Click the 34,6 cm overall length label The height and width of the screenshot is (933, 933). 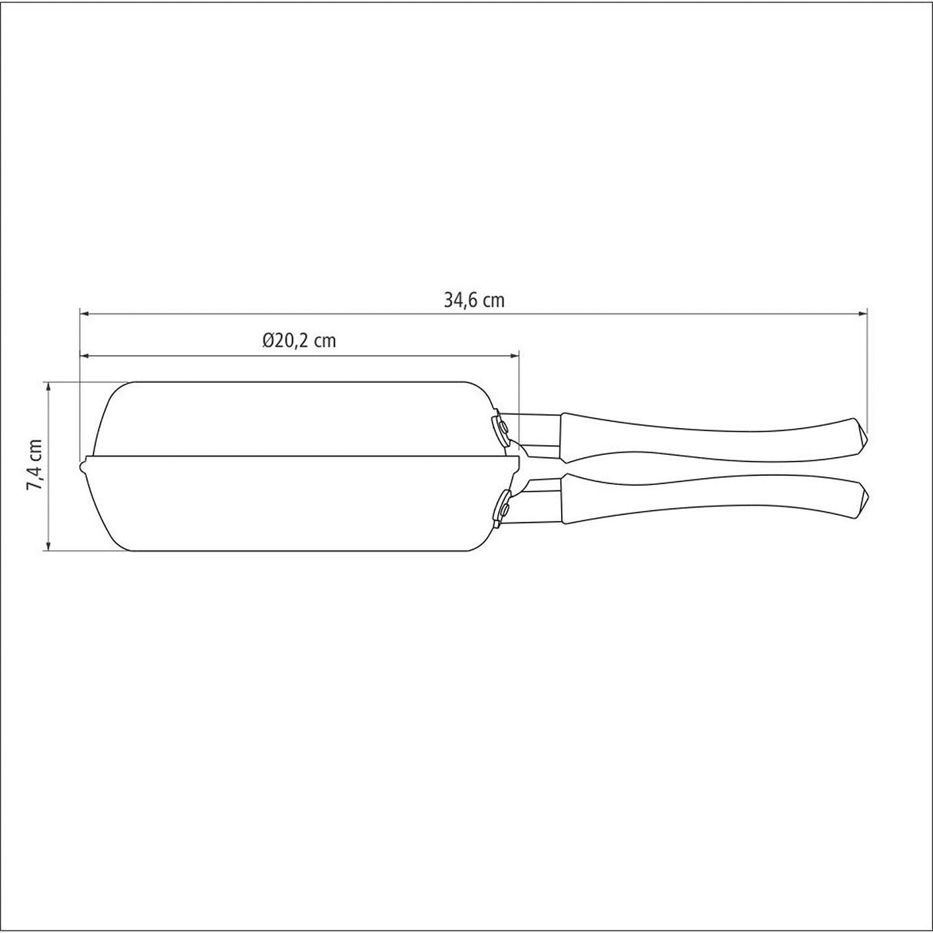coord(473,300)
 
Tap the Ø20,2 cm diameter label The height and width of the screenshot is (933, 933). coord(299,341)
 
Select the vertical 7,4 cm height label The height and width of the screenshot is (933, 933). coord(34,465)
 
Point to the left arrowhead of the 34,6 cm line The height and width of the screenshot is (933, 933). coord(85,314)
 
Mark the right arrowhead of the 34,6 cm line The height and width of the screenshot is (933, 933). coord(862,314)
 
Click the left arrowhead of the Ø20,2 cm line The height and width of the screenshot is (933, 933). coord(85,356)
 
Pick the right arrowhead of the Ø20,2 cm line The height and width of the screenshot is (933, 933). coord(515,356)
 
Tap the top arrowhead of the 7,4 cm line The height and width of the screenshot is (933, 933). coord(49,386)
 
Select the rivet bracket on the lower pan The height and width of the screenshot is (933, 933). coord(503,508)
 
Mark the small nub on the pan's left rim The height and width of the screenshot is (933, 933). coord(81,465)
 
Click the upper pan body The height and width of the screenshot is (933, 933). coord(292,419)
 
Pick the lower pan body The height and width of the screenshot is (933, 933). coord(292,507)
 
